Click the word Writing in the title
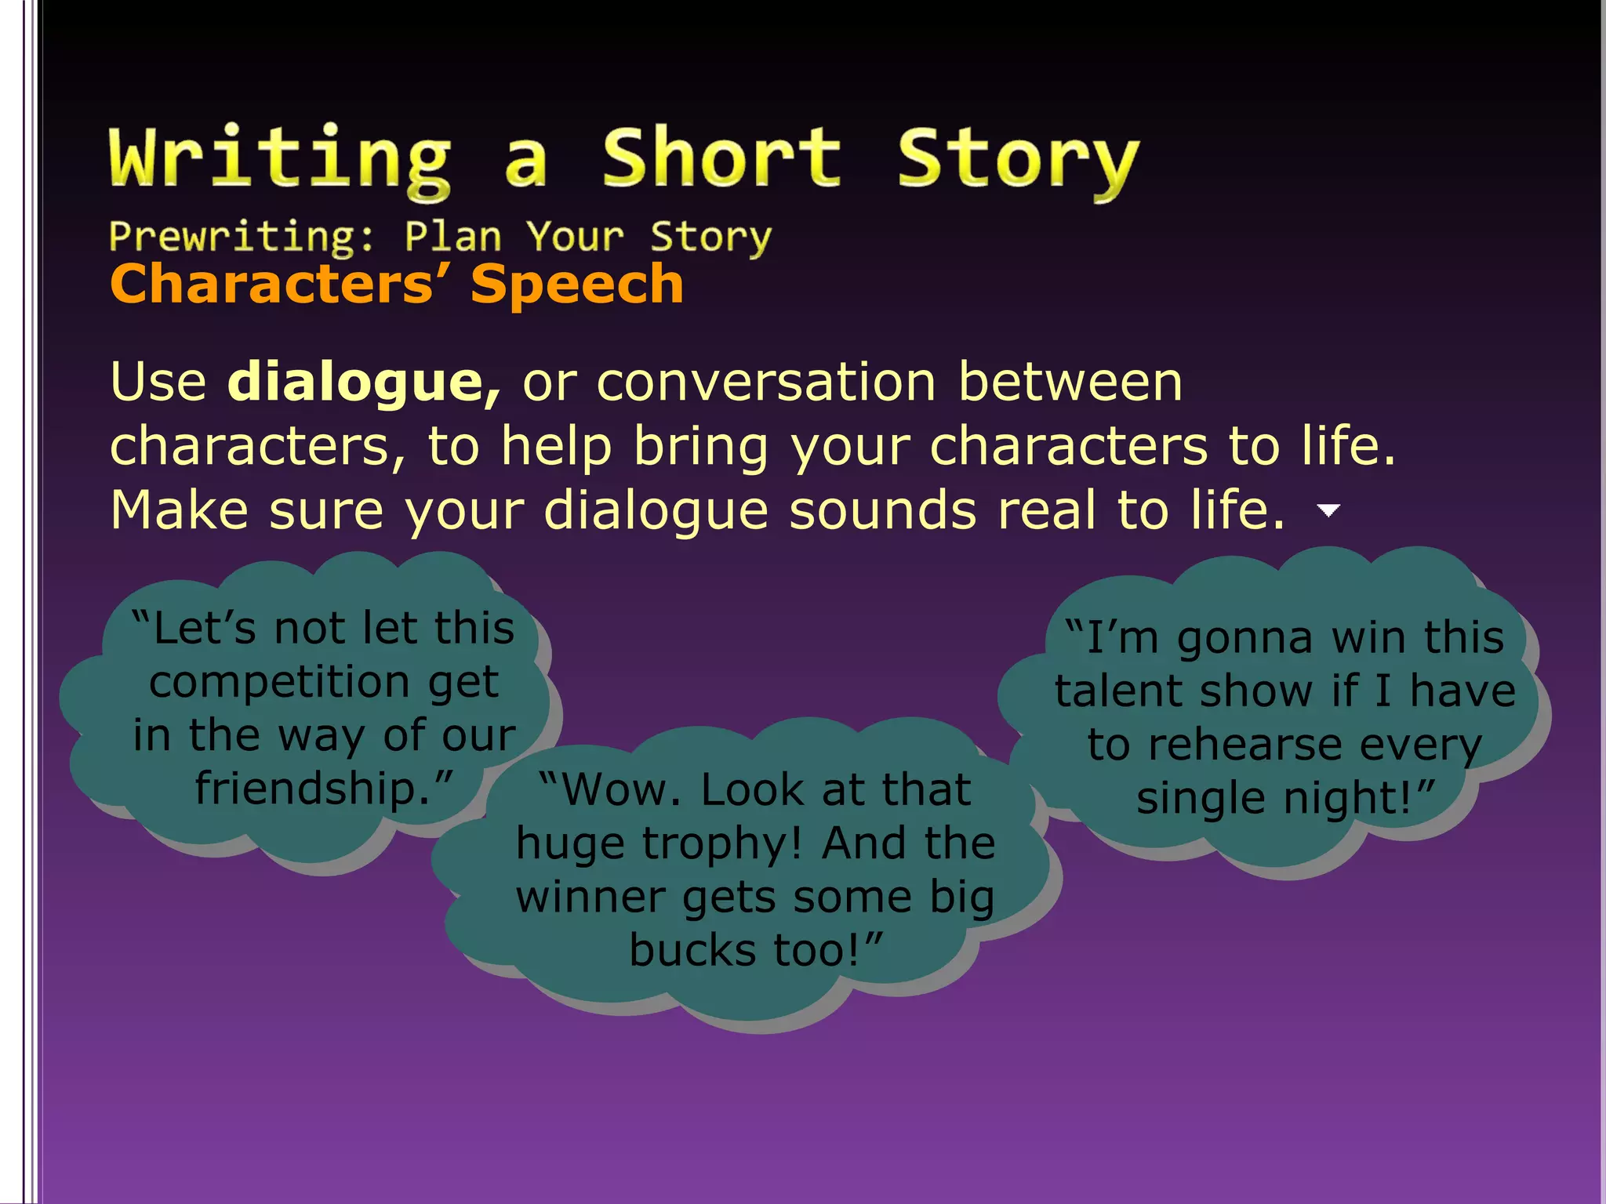click(x=280, y=159)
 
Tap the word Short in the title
click(x=721, y=159)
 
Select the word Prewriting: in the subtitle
click(x=242, y=237)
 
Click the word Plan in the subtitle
click(x=452, y=237)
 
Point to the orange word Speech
click(x=577, y=284)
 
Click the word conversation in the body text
click(x=766, y=383)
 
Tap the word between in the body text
click(x=1070, y=383)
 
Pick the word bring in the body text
click(x=700, y=447)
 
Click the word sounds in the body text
click(x=883, y=511)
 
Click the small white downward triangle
click(x=1328, y=511)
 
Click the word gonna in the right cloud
click(x=1244, y=638)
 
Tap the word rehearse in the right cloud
click(x=1245, y=745)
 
